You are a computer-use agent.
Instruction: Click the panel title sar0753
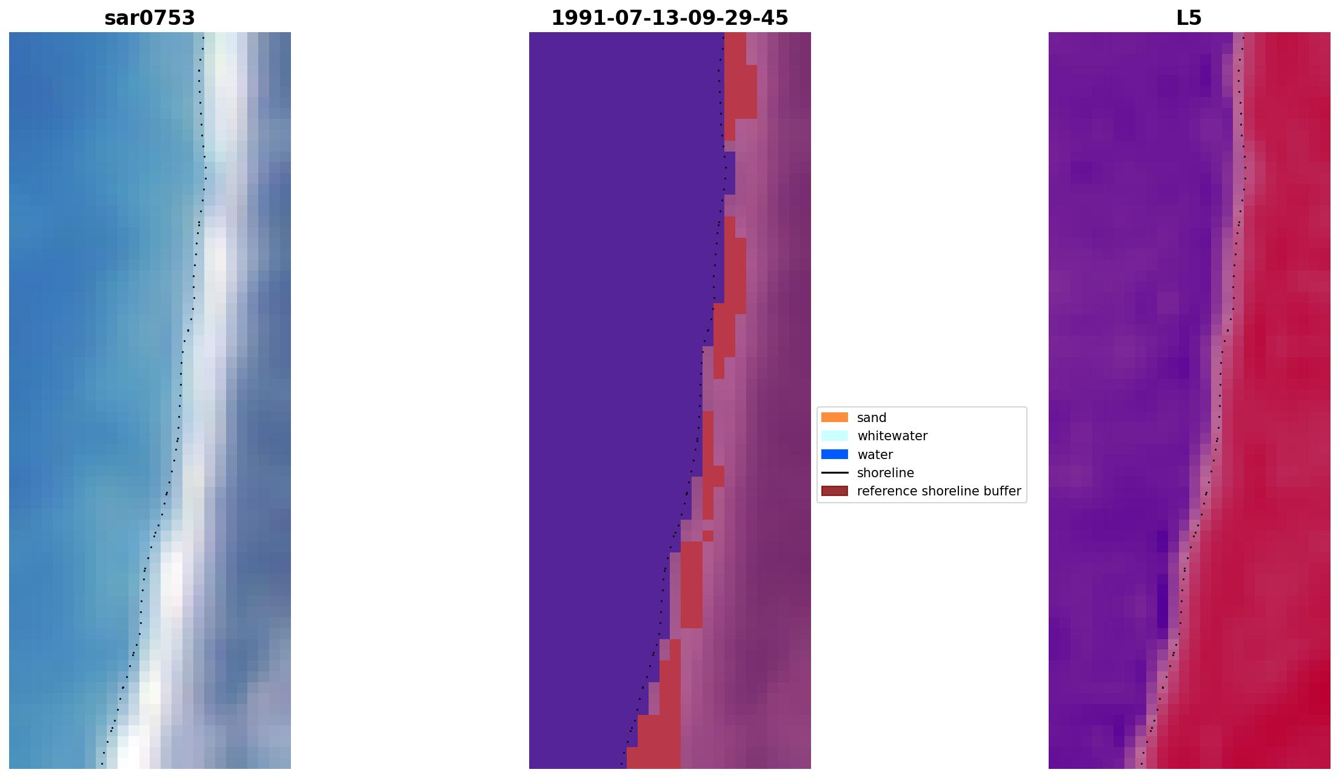click(150, 18)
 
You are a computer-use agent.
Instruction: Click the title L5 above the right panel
click(1189, 18)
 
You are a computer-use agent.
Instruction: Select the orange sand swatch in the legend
click(834, 417)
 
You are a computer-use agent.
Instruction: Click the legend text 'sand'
click(872, 418)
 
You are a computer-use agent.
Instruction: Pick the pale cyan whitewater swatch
click(834, 435)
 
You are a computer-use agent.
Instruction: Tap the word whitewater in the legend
click(892, 436)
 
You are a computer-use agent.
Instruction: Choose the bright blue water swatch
click(834, 454)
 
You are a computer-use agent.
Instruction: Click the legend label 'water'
click(875, 455)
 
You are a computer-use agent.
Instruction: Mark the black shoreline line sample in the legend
click(834, 472)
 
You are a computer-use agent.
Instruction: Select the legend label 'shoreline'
click(885, 473)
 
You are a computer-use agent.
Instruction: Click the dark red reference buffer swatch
click(834, 491)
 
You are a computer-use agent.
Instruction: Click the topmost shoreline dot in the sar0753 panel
click(203, 38)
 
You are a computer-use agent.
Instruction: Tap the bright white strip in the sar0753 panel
click(215, 255)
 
